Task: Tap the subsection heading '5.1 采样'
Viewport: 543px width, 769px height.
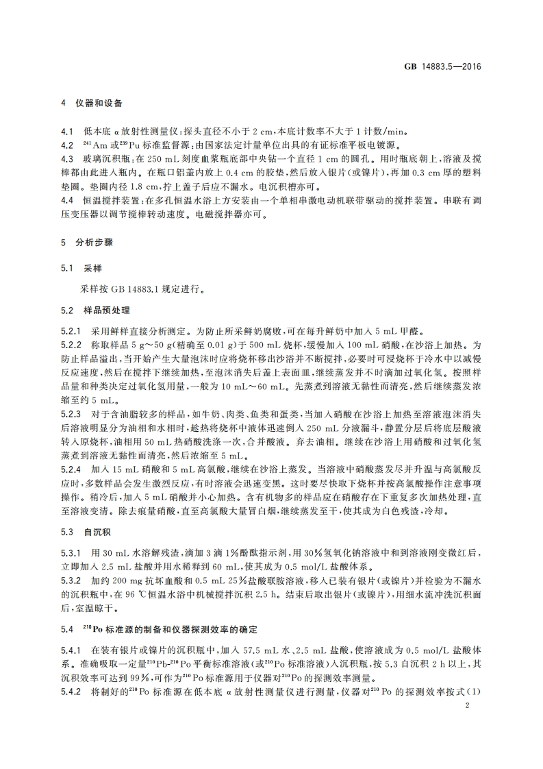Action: point(81,267)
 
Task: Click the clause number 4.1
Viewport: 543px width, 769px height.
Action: point(66,131)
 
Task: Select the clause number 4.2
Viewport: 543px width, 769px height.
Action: point(66,145)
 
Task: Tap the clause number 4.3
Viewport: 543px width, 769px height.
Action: point(66,158)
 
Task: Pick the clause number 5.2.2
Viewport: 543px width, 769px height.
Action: point(70,345)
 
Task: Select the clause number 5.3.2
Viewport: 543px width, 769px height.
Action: point(70,580)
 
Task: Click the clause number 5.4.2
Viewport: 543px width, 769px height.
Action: point(70,690)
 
